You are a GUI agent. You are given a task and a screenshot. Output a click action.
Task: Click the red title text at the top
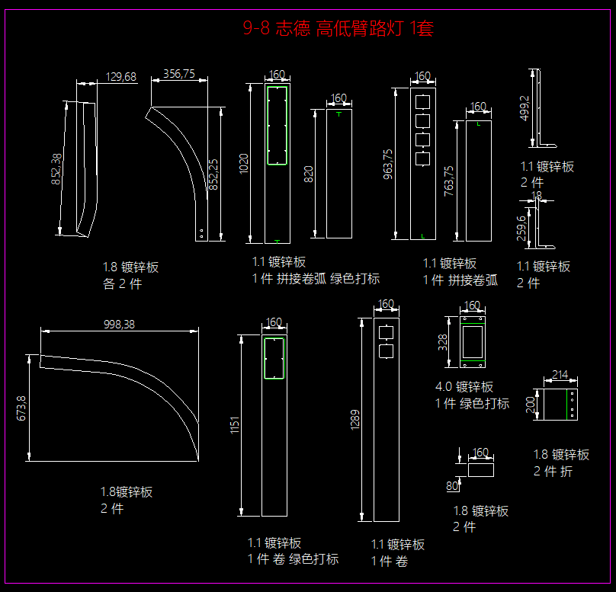[x=338, y=29]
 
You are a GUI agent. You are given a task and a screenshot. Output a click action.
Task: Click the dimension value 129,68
[x=120, y=76]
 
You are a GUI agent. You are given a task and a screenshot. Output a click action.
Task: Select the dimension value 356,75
[x=179, y=74]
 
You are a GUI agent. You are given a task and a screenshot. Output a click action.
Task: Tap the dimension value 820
[x=309, y=174]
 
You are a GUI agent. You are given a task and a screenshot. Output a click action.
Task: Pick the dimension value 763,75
[x=449, y=181]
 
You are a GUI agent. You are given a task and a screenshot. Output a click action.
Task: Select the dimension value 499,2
[x=524, y=108]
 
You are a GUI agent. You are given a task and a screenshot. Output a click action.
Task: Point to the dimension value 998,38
[x=119, y=325]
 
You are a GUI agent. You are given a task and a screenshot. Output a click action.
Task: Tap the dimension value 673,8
[x=21, y=408]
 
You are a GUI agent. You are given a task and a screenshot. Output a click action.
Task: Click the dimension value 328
[x=443, y=341]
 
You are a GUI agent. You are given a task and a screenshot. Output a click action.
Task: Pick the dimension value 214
[x=560, y=374]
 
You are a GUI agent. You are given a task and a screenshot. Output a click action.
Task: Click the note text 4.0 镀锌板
[x=464, y=387]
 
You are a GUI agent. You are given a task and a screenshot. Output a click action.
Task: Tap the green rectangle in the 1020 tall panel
[x=276, y=125]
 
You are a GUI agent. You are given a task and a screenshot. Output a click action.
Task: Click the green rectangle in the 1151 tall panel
[x=273, y=357]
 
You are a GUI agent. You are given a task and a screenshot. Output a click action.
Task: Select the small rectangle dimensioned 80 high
[x=480, y=469]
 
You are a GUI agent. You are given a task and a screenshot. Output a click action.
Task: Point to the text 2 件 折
[x=553, y=472]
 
